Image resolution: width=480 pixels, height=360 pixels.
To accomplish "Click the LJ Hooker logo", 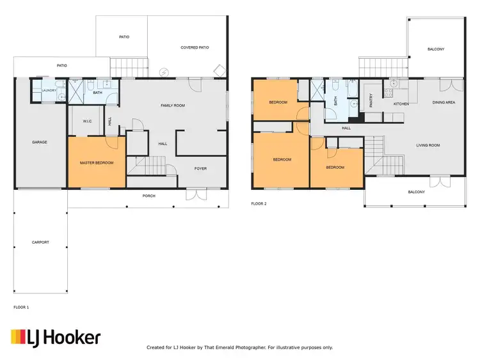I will click(55, 338).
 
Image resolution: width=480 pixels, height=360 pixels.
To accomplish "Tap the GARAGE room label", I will click(39, 142).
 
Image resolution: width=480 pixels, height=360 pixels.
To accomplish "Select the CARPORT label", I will click(40, 242).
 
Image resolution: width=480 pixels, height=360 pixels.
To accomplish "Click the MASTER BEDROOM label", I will click(97, 163).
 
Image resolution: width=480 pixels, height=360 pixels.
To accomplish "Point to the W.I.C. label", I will click(88, 121).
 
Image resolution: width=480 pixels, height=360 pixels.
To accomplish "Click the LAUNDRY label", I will click(49, 91).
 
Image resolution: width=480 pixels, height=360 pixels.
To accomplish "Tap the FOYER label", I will click(200, 168).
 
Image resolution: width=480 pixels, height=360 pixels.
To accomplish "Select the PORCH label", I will click(148, 196).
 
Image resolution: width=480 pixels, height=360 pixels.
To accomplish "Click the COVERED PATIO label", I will click(195, 47).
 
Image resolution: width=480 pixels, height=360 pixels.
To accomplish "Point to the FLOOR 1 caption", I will click(21, 308).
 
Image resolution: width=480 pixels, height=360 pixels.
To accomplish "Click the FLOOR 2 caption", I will click(259, 204).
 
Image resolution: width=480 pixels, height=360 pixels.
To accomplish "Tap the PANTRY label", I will click(371, 100).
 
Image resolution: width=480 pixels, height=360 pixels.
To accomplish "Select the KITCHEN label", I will click(401, 104).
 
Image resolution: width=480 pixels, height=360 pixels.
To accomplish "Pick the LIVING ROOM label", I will click(428, 145).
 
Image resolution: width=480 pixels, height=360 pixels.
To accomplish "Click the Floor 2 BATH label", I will click(335, 101).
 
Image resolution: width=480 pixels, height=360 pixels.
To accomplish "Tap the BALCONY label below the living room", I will click(416, 191).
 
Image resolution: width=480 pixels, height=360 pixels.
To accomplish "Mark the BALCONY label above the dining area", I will click(436, 49).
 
